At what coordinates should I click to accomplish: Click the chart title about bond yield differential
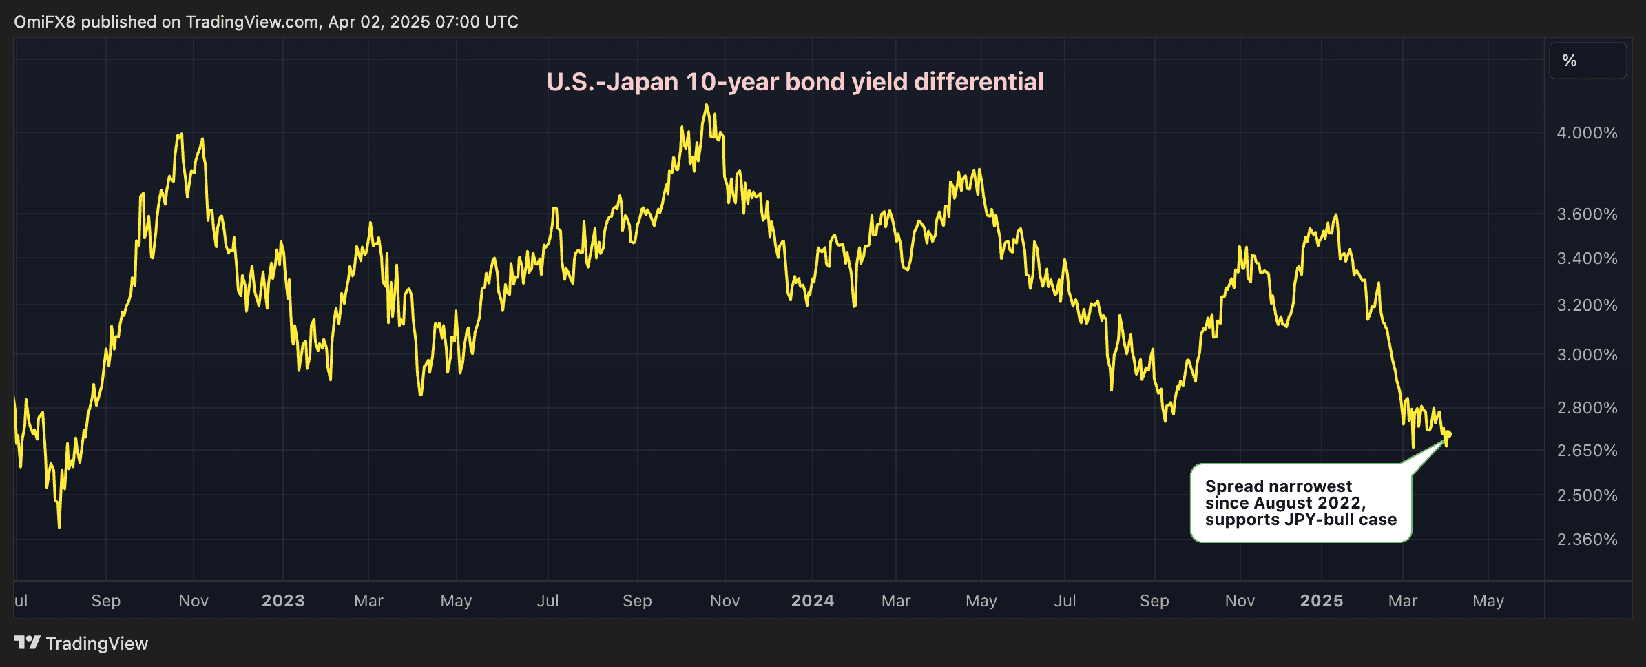[x=795, y=82]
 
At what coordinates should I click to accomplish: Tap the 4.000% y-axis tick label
[x=1587, y=133]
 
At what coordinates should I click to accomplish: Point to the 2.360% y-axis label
[x=1587, y=540]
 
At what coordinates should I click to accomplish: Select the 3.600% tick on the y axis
[x=1587, y=214]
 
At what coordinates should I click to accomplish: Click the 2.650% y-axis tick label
[x=1587, y=451]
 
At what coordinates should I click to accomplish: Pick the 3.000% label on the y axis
[x=1587, y=355]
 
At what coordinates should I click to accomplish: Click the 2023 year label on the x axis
[x=283, y=601]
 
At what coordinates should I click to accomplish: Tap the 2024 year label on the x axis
[x=813, y=601]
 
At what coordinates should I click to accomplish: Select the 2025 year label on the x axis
[x=1322, y=601]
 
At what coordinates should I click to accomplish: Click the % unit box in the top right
[x=1587, y=61]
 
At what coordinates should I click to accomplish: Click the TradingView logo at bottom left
[x=81, y=644]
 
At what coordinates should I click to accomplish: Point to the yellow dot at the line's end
[x=1448, y=434]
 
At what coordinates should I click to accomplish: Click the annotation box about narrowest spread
[x=1300, y=503]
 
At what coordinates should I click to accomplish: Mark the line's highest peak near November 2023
[x=706, y=105]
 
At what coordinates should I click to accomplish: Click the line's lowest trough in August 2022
[x=59, y=527]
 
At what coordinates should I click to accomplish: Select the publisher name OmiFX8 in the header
[x=44, y=22]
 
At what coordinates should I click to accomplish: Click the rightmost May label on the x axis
[x=1488, y=601]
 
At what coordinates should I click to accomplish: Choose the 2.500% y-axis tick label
[x=1587, y=495]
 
